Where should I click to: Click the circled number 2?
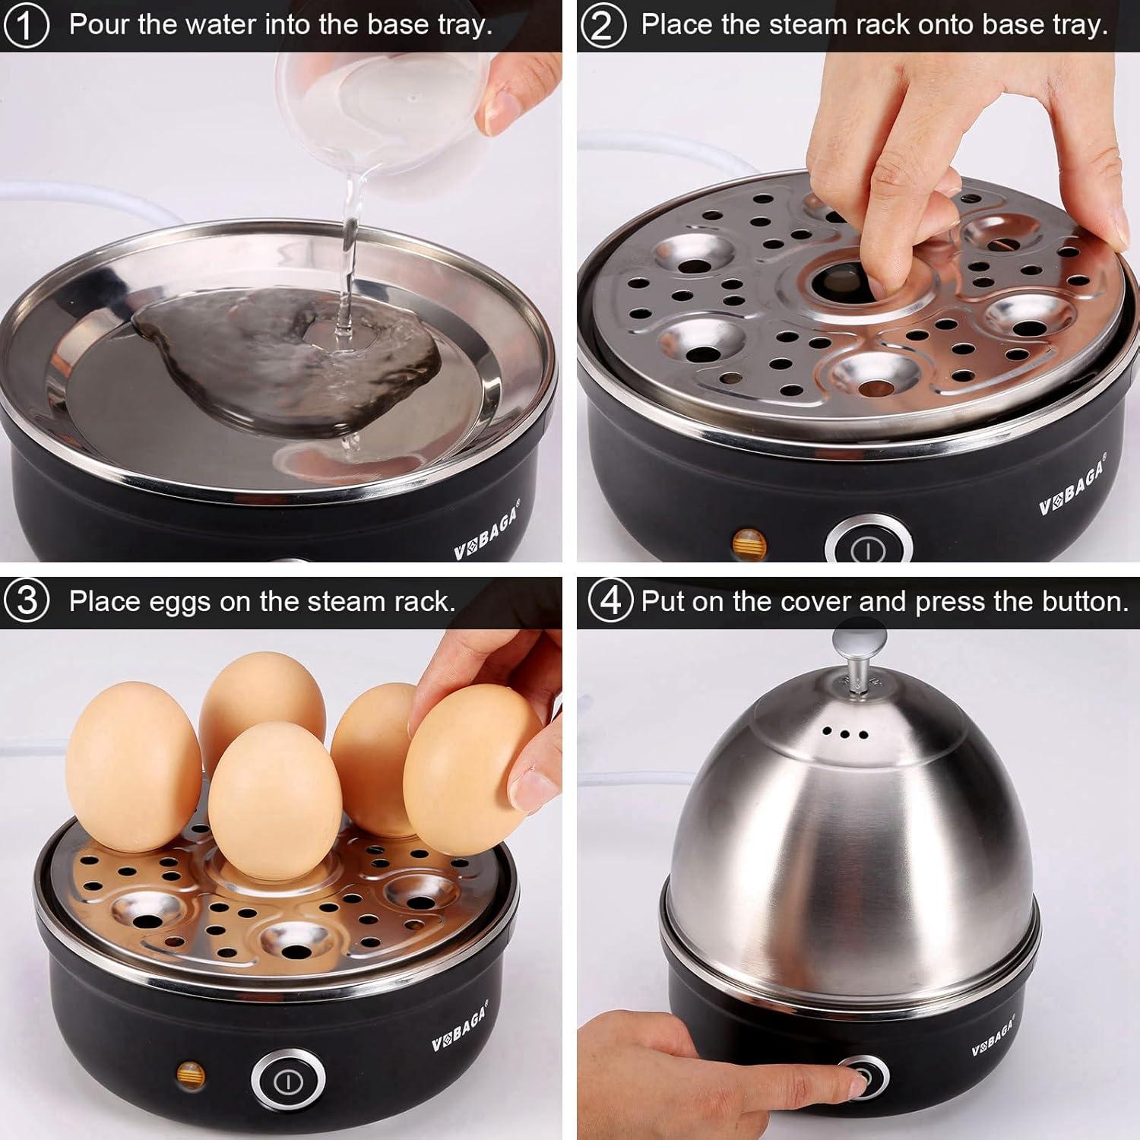pyautogui.click(x=603, y=25)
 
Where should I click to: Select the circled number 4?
pyautogui.click(x=610, y=601)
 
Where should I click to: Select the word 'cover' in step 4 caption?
pyautogui.click(x=815, y=601)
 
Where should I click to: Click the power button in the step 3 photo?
pyautogui.click(x=288, y=1081)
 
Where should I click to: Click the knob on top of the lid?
pyautogui.click(x=860, y=642)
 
